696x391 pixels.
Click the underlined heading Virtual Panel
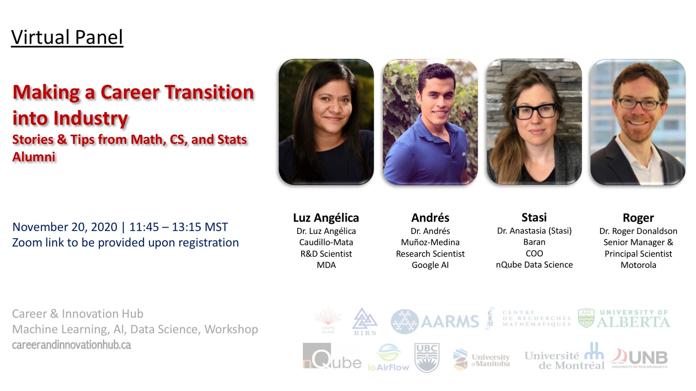(67, 37)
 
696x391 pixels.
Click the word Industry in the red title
(90, 118)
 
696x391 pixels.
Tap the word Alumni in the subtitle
(34, 157)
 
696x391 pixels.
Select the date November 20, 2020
(65, 227)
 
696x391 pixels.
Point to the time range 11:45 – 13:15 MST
(178, 227)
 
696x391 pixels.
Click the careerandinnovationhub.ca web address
(72, 345)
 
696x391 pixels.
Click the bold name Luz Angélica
(326, 218)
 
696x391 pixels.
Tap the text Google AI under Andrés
(430, 265)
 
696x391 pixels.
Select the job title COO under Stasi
(534, 253)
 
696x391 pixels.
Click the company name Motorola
(638, 265)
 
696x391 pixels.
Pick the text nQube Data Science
(534, 265)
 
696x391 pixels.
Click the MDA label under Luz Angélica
(326, 265)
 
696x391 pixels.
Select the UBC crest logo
(427, 358)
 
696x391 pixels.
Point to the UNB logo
(639, 358)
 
